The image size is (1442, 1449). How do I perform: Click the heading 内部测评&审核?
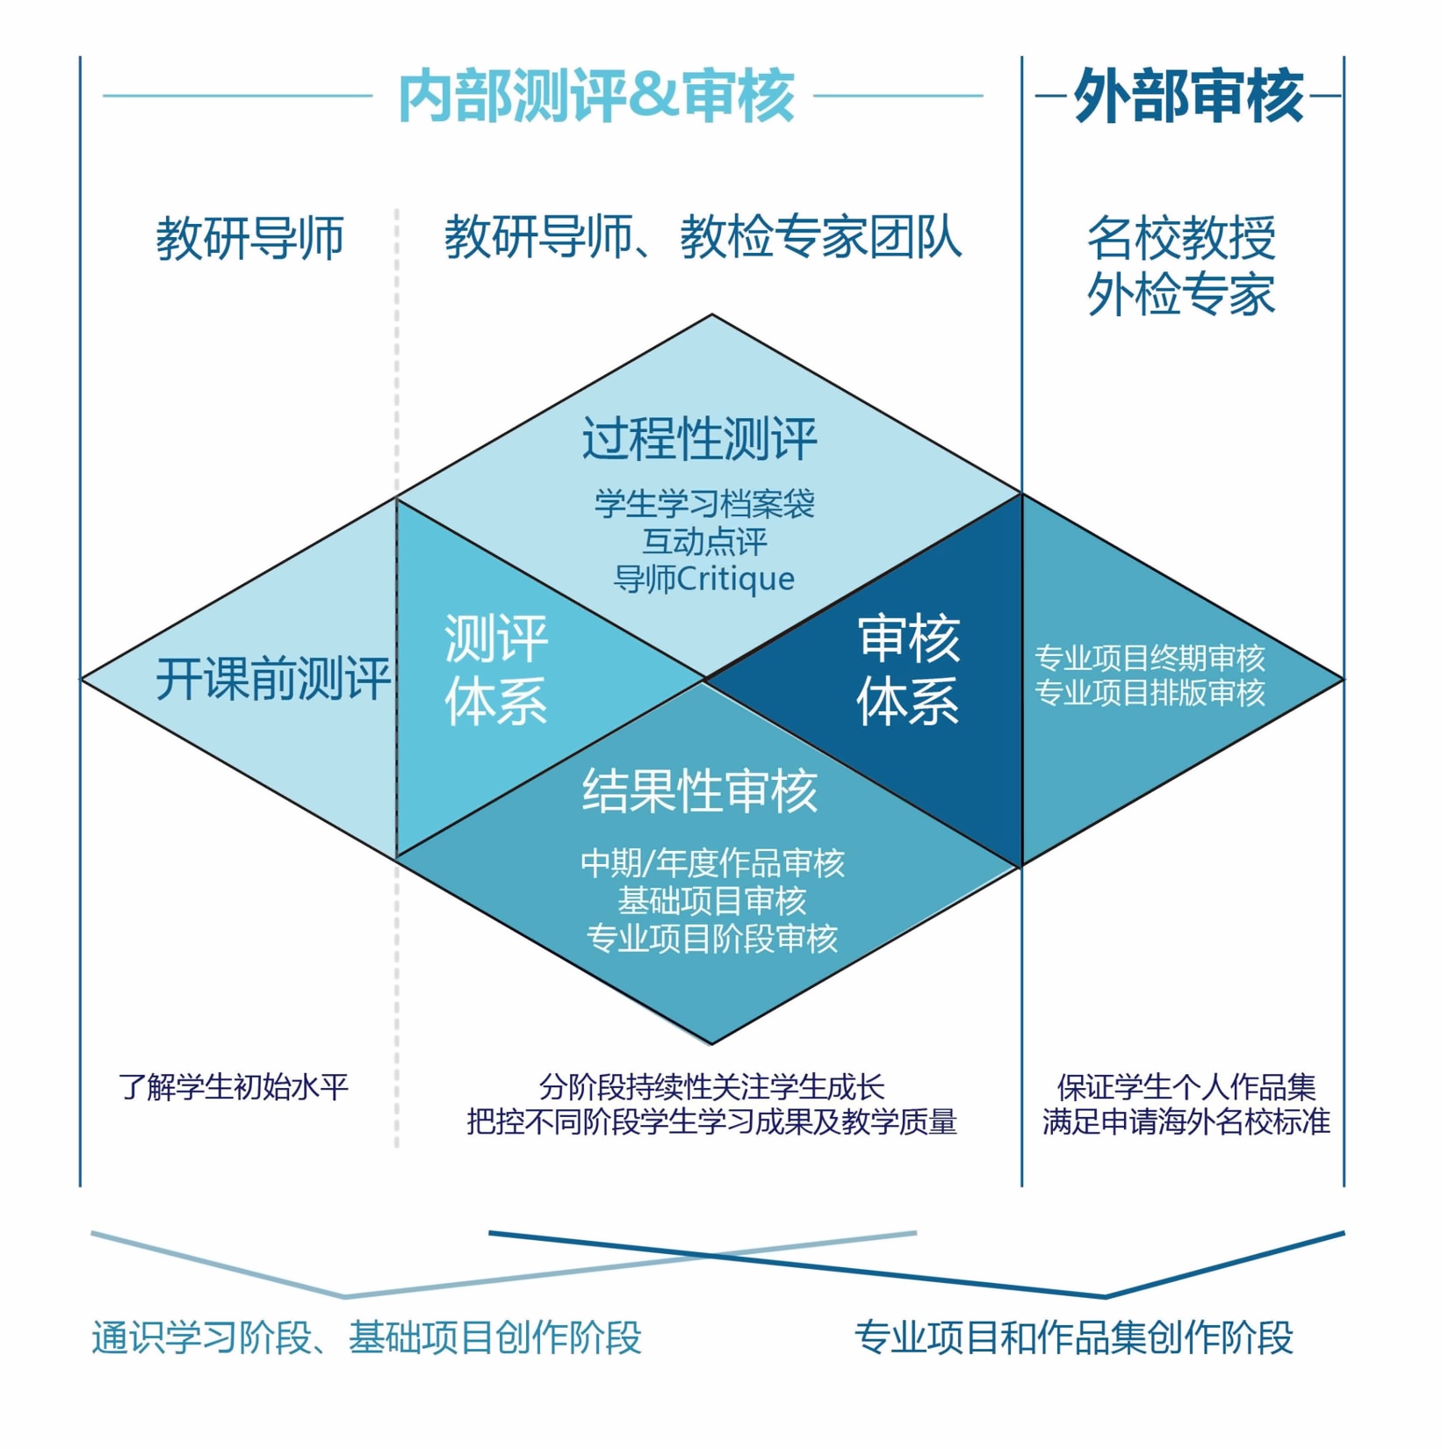(596, 96)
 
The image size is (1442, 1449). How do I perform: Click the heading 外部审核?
(1187, 96)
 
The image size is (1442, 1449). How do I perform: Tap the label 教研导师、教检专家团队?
(703, 237)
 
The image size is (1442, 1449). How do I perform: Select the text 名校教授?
(1181, 237)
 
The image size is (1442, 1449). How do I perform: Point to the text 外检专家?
(1181, 294)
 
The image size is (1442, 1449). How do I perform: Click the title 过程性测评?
(700, 438)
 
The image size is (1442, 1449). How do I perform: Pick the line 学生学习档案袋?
(704, 504)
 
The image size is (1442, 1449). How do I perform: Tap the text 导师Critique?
(704, 579)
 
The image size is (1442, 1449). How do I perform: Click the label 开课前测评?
(272, 679)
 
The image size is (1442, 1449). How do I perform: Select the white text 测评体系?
(496, 669)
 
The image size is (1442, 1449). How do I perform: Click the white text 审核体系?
(908, 669)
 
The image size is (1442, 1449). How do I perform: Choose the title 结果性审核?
(700, 790)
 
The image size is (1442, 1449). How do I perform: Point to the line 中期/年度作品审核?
(712, 863)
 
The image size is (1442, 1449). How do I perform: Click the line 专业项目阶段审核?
(712, 939)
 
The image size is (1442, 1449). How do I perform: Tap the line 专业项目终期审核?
(1150, 658)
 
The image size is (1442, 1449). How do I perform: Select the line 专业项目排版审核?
(1150, 693)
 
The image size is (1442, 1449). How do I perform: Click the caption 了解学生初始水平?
(234, 1087)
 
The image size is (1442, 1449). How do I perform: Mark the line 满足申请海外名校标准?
(1186, 1122)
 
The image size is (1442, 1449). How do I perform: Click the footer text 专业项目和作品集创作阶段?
(1073, 1337)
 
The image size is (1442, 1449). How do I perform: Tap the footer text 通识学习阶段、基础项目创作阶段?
(367, 1337)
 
